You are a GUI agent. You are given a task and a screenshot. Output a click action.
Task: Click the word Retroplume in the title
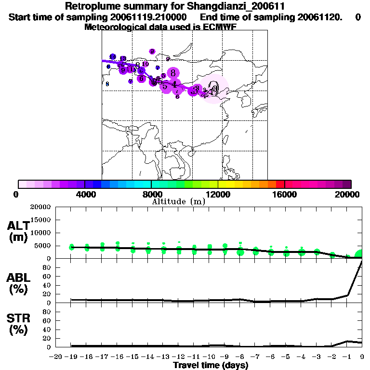(x=91, y=7)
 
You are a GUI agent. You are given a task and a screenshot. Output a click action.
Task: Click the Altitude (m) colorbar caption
(x=178, y=202)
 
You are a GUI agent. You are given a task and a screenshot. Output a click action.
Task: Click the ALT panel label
(x=18, y=226)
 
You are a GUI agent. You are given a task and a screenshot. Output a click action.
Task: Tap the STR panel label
(x=18, y=318)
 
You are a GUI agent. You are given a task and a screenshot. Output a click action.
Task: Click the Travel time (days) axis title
(x=211, y=366)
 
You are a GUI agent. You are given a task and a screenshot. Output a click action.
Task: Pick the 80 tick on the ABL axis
(x=47, y=267)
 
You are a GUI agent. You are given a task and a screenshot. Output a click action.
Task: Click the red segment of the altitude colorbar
(x=280, y=184)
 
